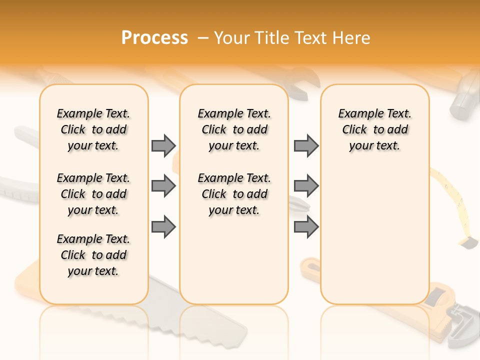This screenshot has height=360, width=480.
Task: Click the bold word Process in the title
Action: click(x=154, y=38)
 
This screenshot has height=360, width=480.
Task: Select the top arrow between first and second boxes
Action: click(x=163, y=145)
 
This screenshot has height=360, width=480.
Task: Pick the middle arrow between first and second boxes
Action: click(x=163, y=186)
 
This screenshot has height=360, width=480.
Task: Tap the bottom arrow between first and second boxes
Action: click(x=163, y=227)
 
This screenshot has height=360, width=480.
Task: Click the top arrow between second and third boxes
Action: click(x=306, y=145)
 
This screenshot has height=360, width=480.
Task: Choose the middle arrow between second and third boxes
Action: click(x=306, y=186)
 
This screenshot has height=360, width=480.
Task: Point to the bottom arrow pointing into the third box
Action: click(x=306, y=227)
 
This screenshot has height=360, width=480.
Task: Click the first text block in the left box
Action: click(x=93, y=129)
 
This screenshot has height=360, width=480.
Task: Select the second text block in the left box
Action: click(x=93, y=194)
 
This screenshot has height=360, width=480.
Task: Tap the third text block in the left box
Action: click(x=93, y=255)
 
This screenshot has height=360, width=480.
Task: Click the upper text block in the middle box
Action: click(x=234, y=129)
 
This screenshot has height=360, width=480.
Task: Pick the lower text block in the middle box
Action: click(x=234, y=194)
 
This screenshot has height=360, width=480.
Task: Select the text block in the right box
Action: click(x=374, y=129)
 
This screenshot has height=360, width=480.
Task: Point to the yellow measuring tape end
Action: click(x=468, y=243)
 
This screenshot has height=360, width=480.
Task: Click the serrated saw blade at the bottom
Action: click(x=210, y=320)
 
